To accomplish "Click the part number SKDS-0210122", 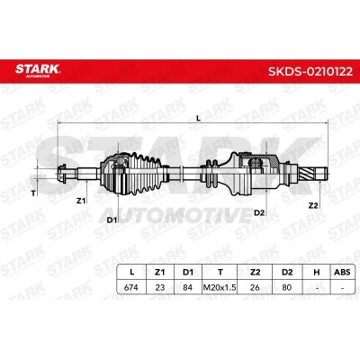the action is click(310, 72).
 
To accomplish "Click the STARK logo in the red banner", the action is click(38, 70).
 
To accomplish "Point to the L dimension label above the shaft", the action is click(198, 119).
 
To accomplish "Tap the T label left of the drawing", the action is click(33, 193).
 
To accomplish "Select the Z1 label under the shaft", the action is click(81, 201).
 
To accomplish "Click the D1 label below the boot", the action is click(112, 220).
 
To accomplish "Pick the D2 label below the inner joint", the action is click(259, 212).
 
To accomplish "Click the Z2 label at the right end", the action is click(313, 205).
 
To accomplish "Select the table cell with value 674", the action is click(131, 287).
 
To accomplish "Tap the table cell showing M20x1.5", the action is click(220, 287).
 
